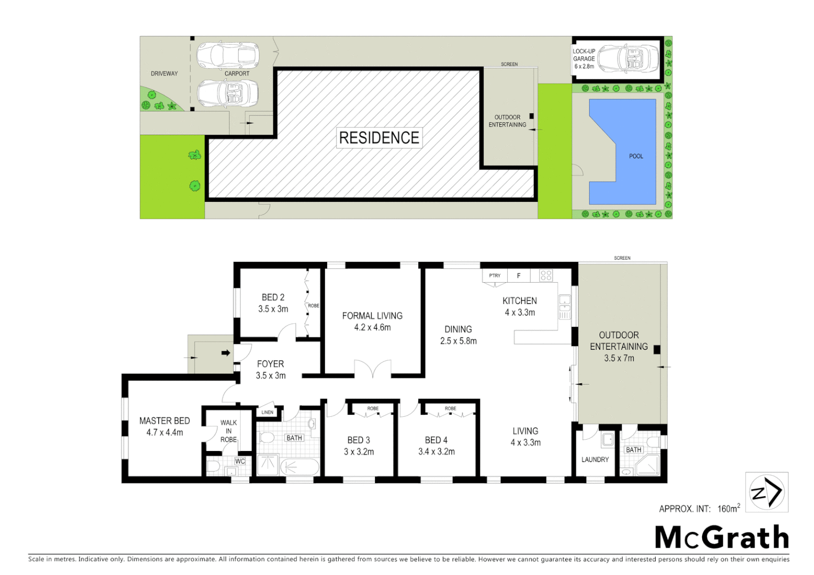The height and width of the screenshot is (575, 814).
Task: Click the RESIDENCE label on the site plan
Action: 379,138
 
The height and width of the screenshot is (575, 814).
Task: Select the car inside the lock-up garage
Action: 628,59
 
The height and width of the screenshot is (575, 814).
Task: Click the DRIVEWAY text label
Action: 164,73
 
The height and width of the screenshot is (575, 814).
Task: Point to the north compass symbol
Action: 766,492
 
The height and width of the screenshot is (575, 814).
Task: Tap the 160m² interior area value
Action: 728,508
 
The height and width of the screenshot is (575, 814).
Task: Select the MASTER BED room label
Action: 165,421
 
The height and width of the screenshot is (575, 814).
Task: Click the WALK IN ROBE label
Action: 229,431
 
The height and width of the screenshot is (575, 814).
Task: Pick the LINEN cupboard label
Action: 267,412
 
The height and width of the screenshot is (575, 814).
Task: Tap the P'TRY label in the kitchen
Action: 495,276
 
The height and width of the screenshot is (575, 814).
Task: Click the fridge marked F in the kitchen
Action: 519,276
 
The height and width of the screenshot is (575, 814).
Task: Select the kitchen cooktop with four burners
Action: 546,275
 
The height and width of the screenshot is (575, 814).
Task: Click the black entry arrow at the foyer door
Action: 225,352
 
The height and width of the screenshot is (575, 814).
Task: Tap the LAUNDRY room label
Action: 595,459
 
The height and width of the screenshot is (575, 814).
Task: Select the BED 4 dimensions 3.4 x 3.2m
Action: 436,451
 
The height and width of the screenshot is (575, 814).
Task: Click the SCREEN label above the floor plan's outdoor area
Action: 622,258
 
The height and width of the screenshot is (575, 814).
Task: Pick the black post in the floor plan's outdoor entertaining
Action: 657,350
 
